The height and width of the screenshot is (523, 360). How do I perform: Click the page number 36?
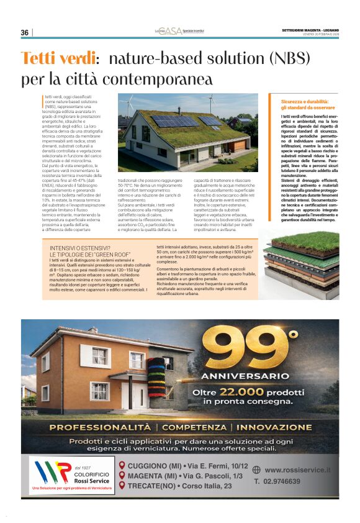point(25,32)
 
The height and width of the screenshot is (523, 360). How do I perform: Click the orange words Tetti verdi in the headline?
point(60,59)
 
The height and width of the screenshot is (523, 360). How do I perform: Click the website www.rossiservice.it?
point(297,470)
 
